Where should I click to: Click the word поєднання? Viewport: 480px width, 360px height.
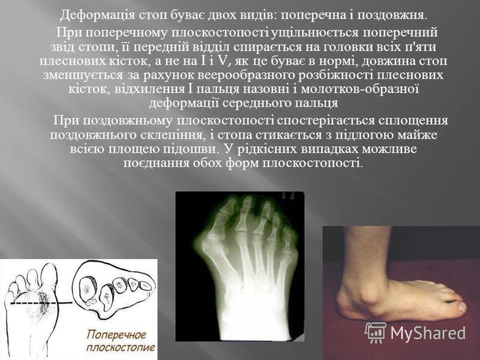tap(156, 163)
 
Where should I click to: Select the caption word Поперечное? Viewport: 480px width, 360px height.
tap(116, 334)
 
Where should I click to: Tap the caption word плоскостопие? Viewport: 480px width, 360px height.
tap(121, 347)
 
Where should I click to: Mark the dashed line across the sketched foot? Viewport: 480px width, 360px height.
tap(34, 303)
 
